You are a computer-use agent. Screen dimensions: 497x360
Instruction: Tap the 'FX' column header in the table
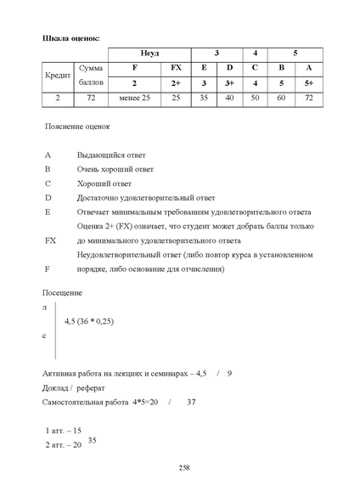pyautogui.click(x=176, y=67)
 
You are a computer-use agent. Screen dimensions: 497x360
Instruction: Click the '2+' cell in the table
pyautogui.click(x=176, y=83)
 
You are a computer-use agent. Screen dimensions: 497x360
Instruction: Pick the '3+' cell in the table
pyautogui.click(x=229, y=83)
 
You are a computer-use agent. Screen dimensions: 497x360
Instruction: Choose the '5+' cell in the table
pyautogui.click(x=309, y=83)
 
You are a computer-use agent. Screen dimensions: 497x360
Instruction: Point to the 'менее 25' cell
pyautogui.click(x=134, y=99)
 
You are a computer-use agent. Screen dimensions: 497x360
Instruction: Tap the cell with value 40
pyautogui.click(x=229, y=99)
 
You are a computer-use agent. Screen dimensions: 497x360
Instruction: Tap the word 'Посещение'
pyautogui.click(x=62, y=292)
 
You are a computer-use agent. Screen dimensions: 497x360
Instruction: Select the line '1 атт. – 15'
pyautogui.click(x=63, y=431)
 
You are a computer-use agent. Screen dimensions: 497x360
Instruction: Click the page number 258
pyautogui.click(x=184, y=468)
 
